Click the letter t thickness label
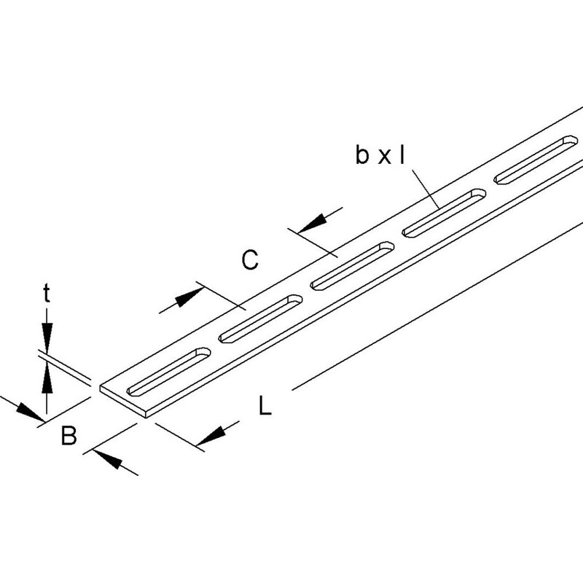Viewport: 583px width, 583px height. [x=46, y=294]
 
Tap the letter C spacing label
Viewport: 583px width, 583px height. [x=250, y=260]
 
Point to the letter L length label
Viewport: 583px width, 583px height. [x=265, y=405]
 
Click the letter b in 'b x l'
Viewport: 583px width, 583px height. [x=361, y=154]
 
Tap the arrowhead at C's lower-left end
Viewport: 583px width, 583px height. [x=189, y=297]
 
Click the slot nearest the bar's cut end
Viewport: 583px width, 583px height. [x=169, y=371]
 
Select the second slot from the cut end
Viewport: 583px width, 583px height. [x=261, y=318]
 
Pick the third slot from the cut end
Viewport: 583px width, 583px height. [x=352, y=266]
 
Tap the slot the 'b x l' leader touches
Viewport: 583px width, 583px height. [x=445, y=213]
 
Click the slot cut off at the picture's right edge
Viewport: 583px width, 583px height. [x=536, y=160]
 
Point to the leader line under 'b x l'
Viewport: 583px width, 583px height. [x=426, y=188]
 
